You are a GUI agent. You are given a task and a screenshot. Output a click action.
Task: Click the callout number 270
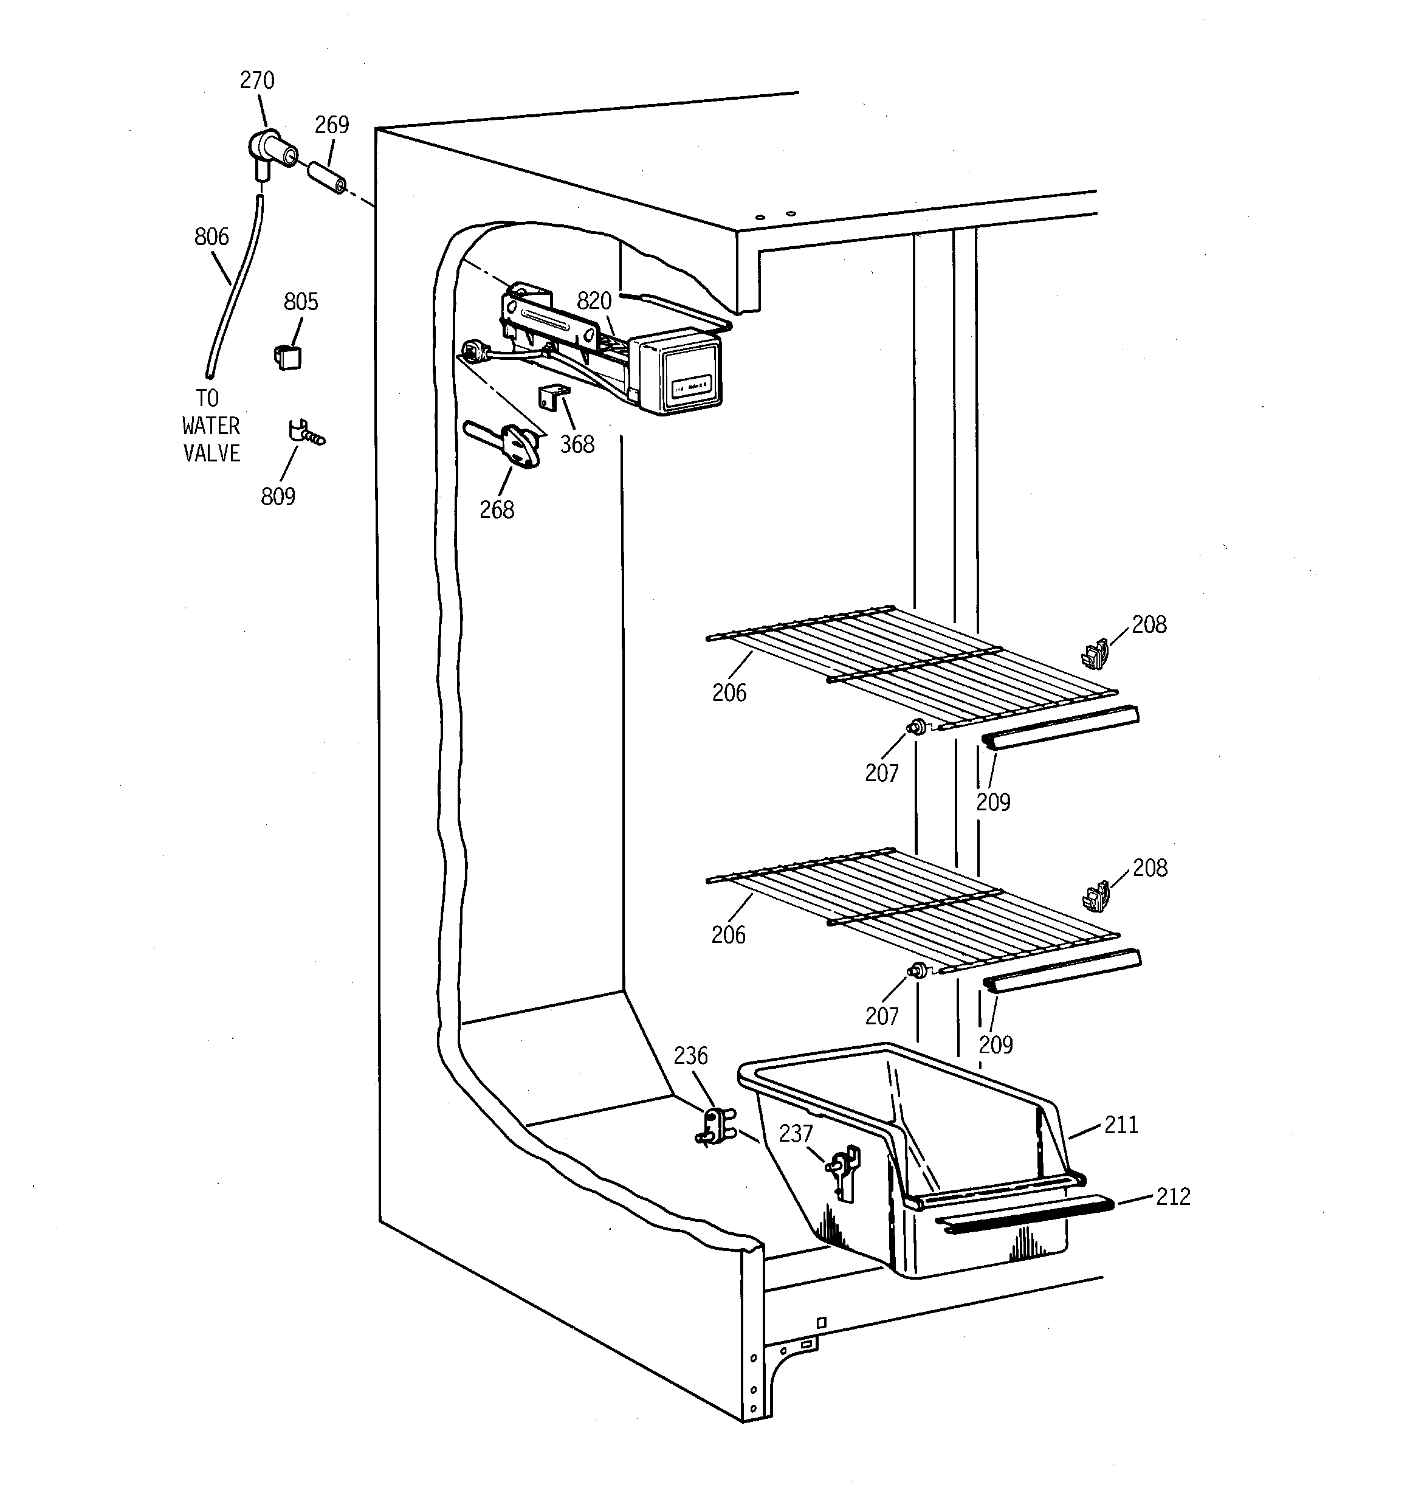(257, 80)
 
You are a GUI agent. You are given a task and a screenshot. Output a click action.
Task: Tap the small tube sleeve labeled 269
(327, 176)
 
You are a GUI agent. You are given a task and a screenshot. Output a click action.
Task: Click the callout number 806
(211, 237)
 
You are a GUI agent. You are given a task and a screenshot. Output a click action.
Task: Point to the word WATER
(211, 426)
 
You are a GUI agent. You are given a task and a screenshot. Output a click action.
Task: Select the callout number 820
(594, 301)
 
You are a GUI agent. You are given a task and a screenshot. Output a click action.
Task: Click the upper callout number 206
(729, 692)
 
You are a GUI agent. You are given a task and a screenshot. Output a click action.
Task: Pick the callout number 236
(690, 1055)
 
